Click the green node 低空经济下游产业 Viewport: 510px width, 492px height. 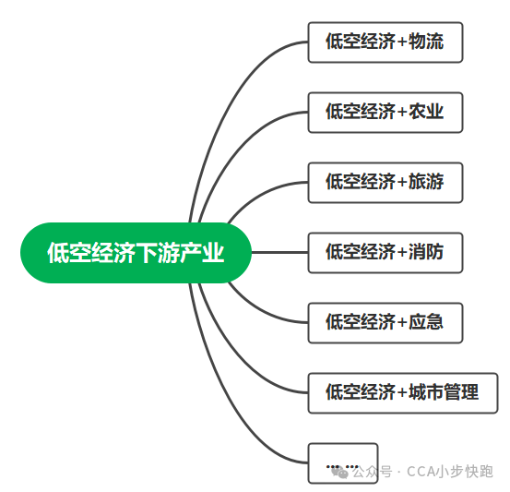[x=136, y=252]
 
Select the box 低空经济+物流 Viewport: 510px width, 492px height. [x=385, y=42]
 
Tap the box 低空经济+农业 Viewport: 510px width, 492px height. [x=385, y=112]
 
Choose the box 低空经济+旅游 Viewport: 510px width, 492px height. [x=385, y=182]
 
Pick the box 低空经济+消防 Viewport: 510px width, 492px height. [x=385, y=252]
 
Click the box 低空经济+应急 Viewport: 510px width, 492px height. [x=385, y=322]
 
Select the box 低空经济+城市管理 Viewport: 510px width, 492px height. [x=402, y=392]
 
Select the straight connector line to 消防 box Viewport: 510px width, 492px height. [x=279, y=252]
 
